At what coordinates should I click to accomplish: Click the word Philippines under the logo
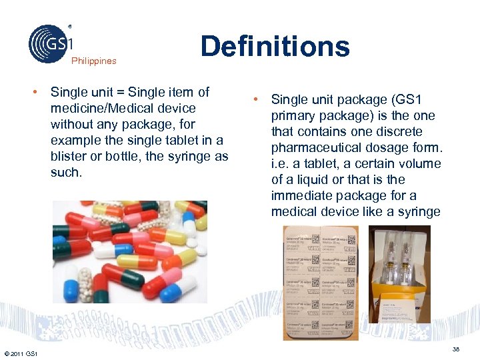(93, 61)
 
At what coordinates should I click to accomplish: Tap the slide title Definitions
(275, 46)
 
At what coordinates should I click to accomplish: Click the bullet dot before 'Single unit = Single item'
(41, 92)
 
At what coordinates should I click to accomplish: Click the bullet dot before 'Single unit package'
(255, 100)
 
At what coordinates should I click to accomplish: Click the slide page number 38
(457, 349)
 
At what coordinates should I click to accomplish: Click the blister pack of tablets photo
(321, 282)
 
